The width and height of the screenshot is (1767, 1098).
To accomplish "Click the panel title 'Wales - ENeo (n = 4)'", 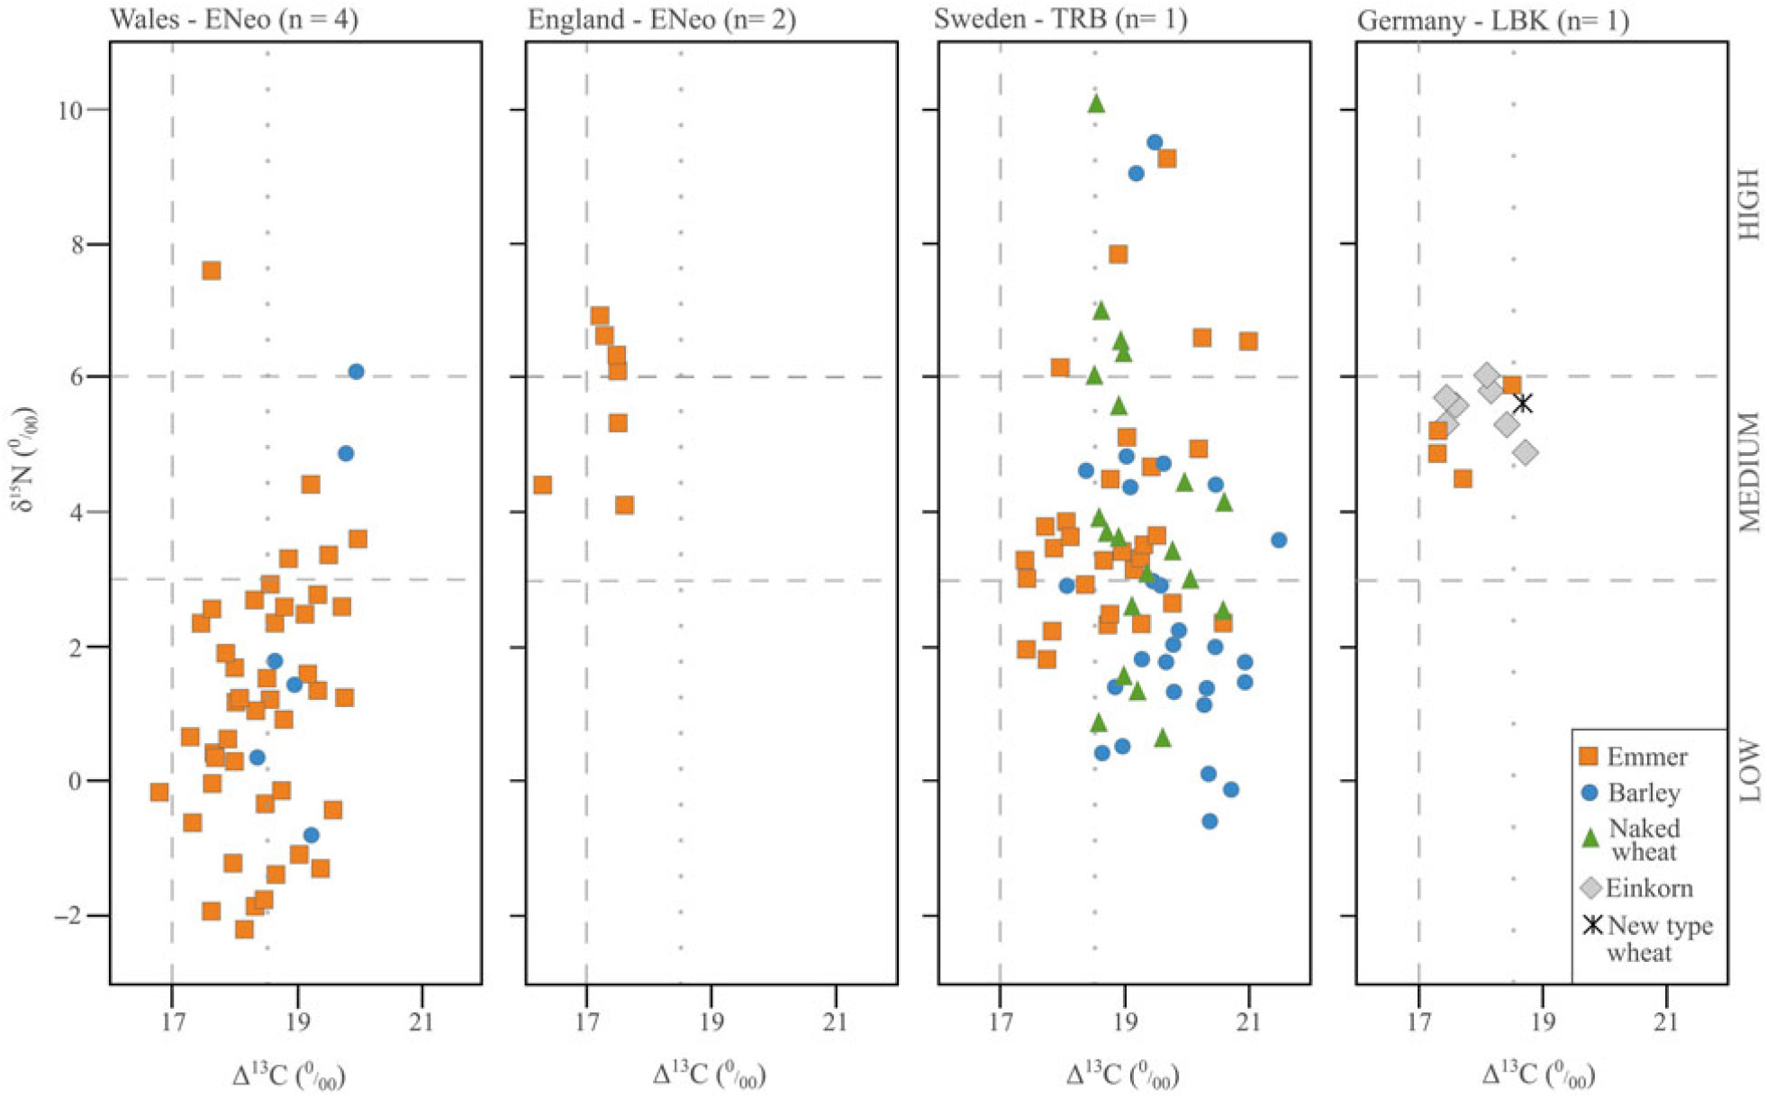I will (x=234, y=19).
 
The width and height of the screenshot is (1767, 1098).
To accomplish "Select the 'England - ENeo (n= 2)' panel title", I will (x=661, y=19).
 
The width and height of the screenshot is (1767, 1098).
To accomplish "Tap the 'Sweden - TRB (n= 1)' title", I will (x=1060, y=19).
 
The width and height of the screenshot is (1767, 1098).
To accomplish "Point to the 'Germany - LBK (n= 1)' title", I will (x=1492, y=19).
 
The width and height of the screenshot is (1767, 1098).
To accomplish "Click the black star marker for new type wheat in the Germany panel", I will (x=1522, y=404).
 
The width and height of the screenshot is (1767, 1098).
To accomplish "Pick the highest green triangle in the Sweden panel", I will (x=1096, y=104).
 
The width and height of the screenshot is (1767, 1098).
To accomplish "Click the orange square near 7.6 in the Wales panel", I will (x=212, y=270).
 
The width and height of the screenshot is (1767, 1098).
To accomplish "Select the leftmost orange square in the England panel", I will (x=542, y=485).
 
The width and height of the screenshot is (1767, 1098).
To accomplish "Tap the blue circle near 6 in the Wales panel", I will (x=356, y=372).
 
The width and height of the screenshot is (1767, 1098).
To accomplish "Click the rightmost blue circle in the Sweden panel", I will (x=1279, y=540).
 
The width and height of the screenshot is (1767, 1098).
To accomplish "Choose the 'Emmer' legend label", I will (x=1647, y=757).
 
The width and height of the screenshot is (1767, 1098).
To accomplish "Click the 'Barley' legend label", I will (x=1644, y=793).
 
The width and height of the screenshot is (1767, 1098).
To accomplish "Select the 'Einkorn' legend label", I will (x=1649, y=888).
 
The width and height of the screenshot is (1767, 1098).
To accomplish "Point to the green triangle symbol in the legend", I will (x=1590, y=839).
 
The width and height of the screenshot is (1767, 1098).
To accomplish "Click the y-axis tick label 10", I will (x=70, y=110).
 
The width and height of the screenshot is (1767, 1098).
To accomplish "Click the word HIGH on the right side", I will (x=1747, y=204).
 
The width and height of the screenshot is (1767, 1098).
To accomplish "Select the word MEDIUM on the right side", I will (x=1747, y=472).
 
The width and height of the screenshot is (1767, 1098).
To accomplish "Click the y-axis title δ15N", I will (x=25, y=459).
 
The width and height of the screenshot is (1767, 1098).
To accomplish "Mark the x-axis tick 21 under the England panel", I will (x=835, y=1022).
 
